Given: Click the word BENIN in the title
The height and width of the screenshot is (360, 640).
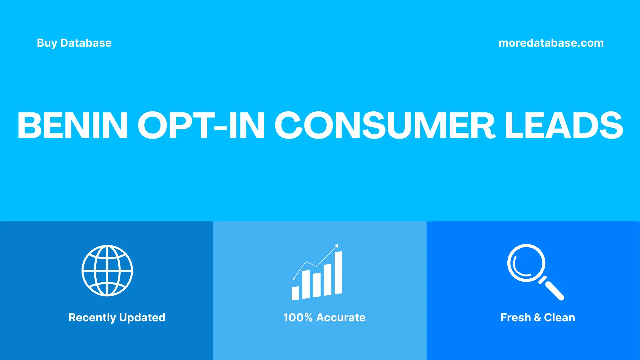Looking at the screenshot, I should (72, 125).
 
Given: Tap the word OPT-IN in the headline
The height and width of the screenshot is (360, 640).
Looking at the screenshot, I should (201, 125).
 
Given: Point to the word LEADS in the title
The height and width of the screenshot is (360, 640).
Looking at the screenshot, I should (564, 125).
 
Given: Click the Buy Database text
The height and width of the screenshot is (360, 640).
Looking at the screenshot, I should (74, 43).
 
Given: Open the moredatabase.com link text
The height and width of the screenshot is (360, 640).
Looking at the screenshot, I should (551, 43).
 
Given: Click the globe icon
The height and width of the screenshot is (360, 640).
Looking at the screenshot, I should (107, 271).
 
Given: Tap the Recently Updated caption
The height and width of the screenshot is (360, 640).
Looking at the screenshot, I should (117, 317).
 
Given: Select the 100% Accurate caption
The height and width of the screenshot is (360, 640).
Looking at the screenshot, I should (324, 317).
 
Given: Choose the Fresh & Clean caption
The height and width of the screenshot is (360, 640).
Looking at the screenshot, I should (538, 317).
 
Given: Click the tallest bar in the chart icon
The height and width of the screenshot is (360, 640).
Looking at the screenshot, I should (338, 273).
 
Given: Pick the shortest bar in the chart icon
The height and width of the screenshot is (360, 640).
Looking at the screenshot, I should (295, 293).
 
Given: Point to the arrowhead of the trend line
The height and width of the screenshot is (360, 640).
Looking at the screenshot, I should (337, 246).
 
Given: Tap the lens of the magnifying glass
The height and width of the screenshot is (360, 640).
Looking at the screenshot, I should (526, 263).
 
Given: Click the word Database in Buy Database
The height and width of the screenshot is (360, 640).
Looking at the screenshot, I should (86, 43).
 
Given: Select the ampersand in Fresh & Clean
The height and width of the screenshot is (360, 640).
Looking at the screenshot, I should (537, 318).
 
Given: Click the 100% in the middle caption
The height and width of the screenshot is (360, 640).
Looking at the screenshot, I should (298, 317).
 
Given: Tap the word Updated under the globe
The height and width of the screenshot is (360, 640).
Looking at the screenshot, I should (142, 318).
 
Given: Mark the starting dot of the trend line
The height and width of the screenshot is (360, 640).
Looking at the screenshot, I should (294, 278).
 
